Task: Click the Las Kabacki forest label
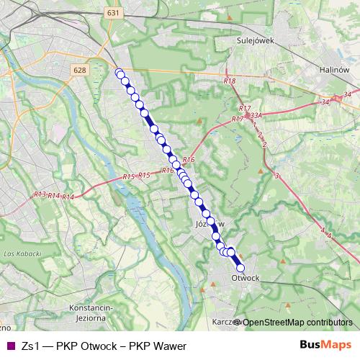[x=19, y=255]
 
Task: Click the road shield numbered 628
[x=80, y=70]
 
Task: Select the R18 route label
[x=230, y=81]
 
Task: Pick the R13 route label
[x=40, y=194]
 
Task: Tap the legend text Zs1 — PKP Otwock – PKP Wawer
[x=104, y=346]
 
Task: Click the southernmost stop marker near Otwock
[x=240, y=267]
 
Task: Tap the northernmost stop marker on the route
[x=119, y=72]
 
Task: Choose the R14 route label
[x=68, y=197]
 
